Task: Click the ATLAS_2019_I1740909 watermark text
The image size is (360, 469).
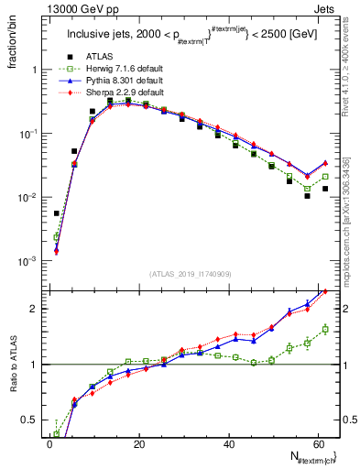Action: tap(191, 275)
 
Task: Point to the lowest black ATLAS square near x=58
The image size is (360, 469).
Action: tap(308, 196)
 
